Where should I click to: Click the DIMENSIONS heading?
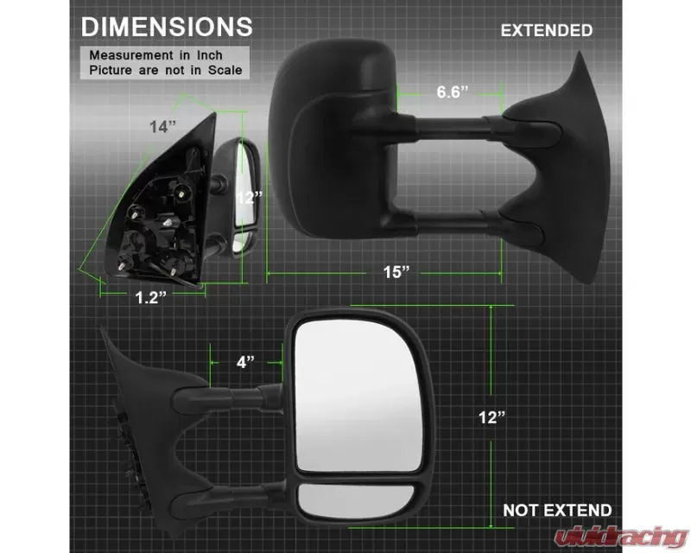(x=167, y=27)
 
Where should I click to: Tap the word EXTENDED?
(x=547, y=30)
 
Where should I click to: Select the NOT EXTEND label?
(x=557, y=510)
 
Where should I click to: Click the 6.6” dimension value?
(x=452, y=92)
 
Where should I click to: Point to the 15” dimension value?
(x=396, y=272)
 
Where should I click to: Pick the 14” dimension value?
(x=162, y=126)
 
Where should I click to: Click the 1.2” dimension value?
(x=150, y=297)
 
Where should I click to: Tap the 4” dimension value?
(x=245, y=362)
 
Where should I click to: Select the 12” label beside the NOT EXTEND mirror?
(x=491, y=417)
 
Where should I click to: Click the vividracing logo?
(x=621, y=537)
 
